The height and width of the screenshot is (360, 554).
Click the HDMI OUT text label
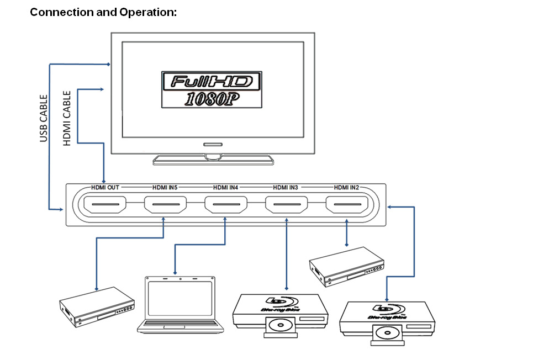[x=105, y=188]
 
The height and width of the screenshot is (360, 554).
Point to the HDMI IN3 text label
[x=286, y=188]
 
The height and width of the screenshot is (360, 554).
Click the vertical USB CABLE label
[x=44, y=119]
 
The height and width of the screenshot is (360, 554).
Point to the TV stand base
[x=213, y=160]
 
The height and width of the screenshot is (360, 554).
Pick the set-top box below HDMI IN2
[x=346, y=265]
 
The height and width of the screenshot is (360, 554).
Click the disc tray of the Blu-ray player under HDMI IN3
[x=280, y=327]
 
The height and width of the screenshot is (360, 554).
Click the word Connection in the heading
[x=61, y=12]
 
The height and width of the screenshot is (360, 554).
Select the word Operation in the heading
[x=147, y=12]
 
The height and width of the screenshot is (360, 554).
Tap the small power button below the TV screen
[x=212, y=144]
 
